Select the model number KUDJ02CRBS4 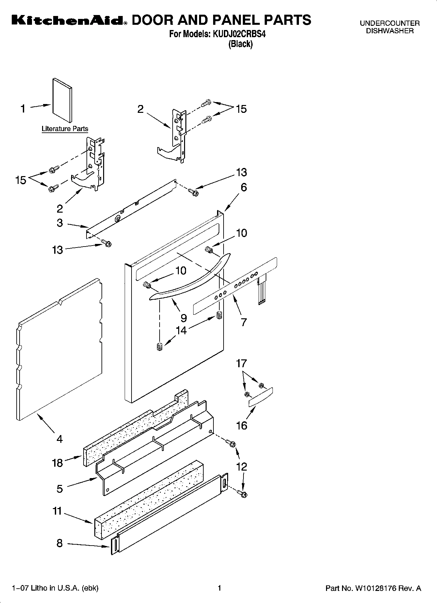(239, 34)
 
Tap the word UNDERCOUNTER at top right (389, 23)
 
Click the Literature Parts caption (65, 129)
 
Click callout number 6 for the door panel (243, 188)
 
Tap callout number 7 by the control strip (243, 322)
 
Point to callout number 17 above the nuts (242, 363)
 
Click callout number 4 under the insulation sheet (59, 439)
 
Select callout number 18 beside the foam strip (57, 462)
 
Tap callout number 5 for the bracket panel (59, 489)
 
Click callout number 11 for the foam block (57, 511)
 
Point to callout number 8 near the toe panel (59, 543)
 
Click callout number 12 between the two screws (242, 467)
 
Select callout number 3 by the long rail (60, 223)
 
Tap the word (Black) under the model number (241, 44)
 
